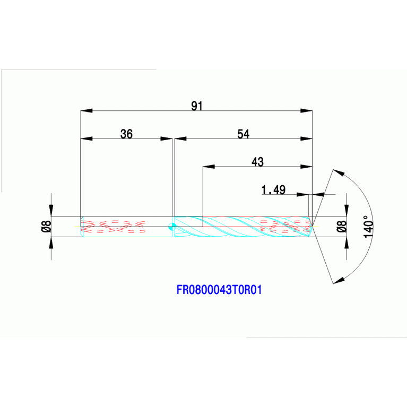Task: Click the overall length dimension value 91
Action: coord(197,106)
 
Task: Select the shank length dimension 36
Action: coord(126,134)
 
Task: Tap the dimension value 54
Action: coord(243,134)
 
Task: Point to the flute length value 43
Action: coord(257,161)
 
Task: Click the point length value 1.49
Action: coord(274,189)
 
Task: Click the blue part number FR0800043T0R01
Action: coord(220,290)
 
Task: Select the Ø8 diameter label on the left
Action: coord(46,226)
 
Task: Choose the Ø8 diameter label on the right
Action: coord(342,226)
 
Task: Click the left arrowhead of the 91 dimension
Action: coord(86,111)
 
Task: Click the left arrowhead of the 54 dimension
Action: coord(181,139)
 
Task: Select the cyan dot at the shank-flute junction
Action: coord(171,227)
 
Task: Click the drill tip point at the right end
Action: coord(312,226)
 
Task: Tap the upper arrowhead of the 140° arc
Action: coord(339,173)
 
